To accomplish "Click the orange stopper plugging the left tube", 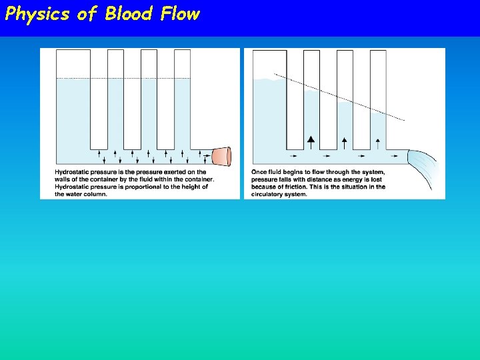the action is pos(221,157).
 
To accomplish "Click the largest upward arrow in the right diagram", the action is pos(311,141).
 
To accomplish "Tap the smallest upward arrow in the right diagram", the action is pos(378,141).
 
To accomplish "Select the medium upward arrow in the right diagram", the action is pos(345,141).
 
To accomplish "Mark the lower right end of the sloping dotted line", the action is pos(403,119).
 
